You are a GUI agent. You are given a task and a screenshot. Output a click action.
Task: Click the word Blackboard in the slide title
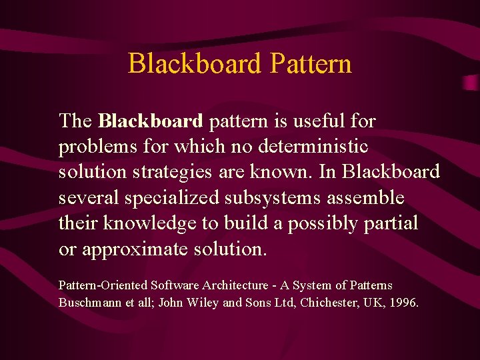(x=195, y=64)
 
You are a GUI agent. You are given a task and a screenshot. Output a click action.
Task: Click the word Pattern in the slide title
(x=311, y=64)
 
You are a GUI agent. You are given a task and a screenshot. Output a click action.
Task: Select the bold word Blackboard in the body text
(x=150, y=121)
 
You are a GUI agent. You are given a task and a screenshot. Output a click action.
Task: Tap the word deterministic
(x=313, y=146)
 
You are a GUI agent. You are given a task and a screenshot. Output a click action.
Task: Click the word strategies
(x=171, y=171)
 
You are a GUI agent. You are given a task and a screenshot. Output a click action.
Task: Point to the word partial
(x=391, y=223)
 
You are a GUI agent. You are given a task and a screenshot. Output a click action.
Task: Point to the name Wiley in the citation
(x=202, y=303)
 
